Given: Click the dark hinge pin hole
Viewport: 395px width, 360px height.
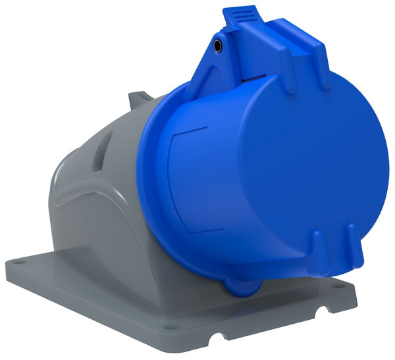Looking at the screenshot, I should coord(218,46).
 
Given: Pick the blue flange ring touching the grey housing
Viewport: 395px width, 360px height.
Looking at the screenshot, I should coord(148,191).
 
